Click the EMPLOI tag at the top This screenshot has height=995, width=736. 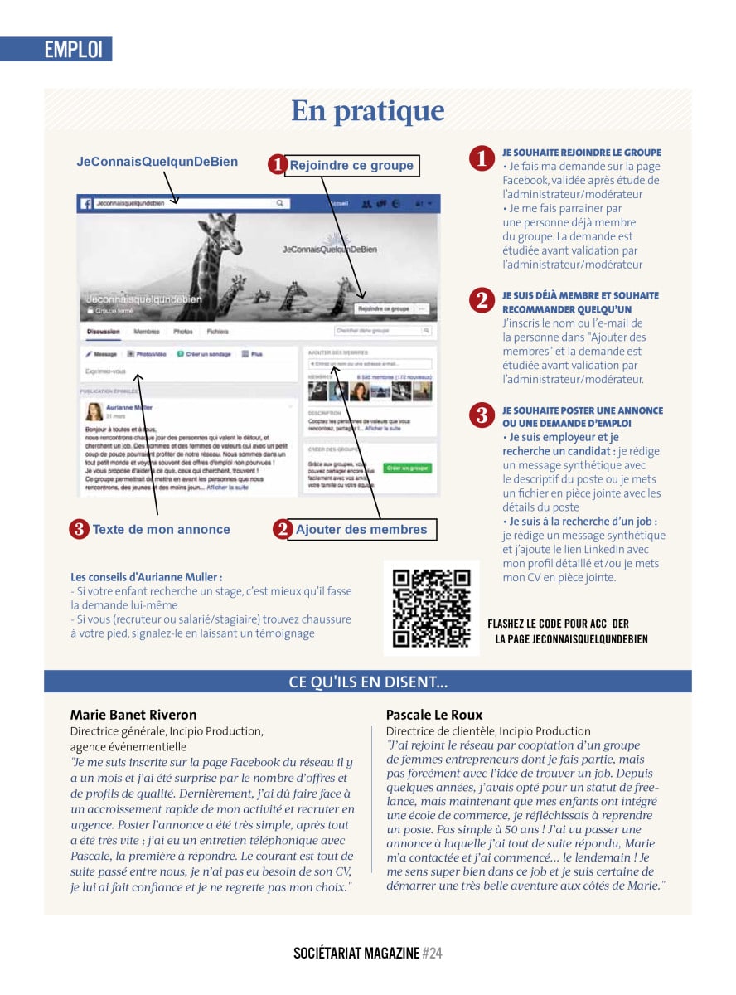[x=73, y=49]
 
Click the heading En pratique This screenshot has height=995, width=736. [x=367, y=111]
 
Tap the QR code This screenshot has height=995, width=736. [x=431, y=608]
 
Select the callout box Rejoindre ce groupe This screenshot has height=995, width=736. [x=351, y=165]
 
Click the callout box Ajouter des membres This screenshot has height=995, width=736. [x=361, y=529]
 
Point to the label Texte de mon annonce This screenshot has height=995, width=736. [x=161, y=529]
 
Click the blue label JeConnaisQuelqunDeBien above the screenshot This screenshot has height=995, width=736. [x=157, y=162]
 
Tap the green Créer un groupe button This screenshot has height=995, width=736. [x=408, y=468]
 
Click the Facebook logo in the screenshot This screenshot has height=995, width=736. [x=85, y=203]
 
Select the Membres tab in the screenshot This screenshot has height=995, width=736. [x=147, y=332]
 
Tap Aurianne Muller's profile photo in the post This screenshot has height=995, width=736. [x=94, y=411]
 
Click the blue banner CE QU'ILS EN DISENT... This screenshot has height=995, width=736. [x=367, y=682]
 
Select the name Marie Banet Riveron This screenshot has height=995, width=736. [x=133, y=715]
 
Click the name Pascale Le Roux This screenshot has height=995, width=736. [x=434, y=715]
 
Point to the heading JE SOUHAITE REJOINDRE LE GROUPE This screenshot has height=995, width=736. [x=581, y=153]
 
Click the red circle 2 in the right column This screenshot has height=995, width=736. [x=482, y=300]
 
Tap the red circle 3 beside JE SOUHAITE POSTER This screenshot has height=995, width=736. [x=482, y=415]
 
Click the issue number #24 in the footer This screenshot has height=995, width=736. [x=433, y=954]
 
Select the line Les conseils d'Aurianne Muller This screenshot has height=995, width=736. [x=146, y=576]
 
